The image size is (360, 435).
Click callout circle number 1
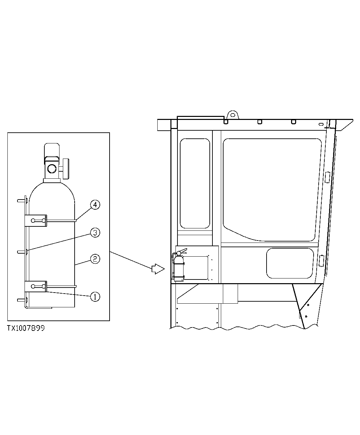point(95,296)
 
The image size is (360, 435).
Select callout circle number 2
point(95,259)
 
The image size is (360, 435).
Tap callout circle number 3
point(95,232)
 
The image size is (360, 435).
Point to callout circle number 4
point(95,205)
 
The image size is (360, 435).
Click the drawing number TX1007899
point(26,328)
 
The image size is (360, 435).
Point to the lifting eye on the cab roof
point(232,115)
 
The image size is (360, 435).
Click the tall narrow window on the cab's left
point(195,183)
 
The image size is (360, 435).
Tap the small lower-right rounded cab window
point(290,263)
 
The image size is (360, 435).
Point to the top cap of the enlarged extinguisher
point(52,149)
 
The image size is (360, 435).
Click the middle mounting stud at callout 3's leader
point(22,251)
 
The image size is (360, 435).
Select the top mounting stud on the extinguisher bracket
point(22,201)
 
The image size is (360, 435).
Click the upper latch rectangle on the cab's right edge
point(327,177)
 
